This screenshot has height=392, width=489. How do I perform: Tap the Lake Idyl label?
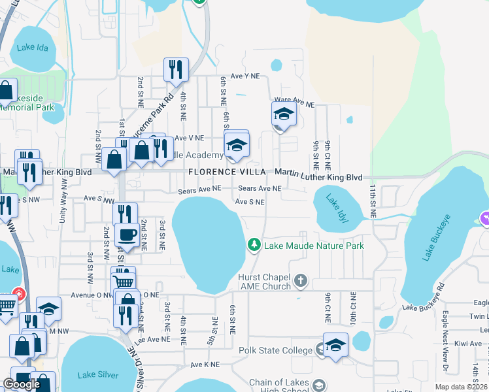click(337, 210)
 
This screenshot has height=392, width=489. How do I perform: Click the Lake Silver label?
click(98, 375)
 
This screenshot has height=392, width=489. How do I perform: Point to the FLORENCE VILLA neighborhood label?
click(227, 172)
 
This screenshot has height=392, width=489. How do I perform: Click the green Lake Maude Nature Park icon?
click(254, 245)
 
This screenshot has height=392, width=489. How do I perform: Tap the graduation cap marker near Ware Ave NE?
click(284, 114)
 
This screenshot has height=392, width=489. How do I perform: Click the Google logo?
click(22, 384)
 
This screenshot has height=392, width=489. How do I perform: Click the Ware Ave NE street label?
click(297, 103)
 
